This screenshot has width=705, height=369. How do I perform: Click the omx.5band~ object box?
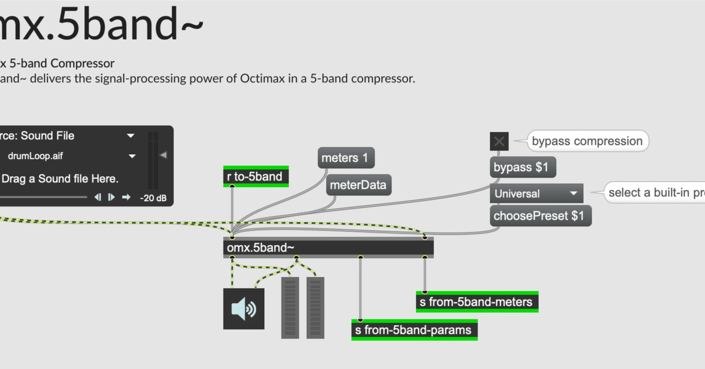(328, 248)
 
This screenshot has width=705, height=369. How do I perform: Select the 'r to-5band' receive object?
(256, 177)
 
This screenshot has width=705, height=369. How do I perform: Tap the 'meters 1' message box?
(346, 158)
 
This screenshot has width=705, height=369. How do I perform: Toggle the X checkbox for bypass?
(499, 142)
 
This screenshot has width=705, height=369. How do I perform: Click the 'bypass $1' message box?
(522, 167)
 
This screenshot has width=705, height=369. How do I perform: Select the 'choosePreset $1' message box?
(540, 216)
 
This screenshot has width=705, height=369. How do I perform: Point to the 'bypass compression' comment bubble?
(587, 142)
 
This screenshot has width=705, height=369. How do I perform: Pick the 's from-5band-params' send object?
(414, 330)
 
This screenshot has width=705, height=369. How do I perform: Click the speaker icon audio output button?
(243, 309)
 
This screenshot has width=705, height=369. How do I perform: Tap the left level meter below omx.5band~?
(290, 307)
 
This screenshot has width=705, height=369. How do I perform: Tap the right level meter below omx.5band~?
(316, 307)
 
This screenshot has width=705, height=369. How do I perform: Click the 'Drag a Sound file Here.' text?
(60, 179)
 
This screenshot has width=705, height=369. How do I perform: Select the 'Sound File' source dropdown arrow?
(131, 136)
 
